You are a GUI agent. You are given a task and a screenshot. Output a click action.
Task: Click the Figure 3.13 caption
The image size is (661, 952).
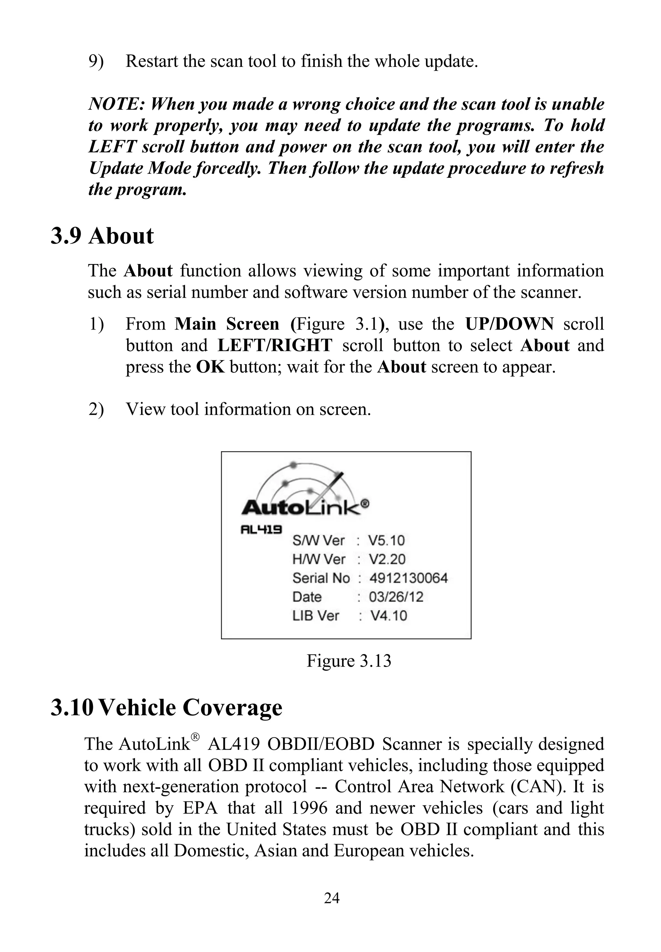349,661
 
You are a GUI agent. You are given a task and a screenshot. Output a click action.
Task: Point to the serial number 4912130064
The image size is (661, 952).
408,578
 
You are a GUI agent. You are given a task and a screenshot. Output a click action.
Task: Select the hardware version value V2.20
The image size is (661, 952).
387,559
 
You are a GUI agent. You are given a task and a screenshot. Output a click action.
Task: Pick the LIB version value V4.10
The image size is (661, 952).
389,616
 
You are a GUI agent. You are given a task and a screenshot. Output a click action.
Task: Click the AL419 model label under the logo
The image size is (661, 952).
261,529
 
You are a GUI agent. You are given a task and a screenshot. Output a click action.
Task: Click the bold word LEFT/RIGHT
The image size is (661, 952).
275,345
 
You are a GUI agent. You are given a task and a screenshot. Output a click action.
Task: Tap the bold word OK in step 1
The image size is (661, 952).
210,367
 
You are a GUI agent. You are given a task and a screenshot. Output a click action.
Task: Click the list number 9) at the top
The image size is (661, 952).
96,61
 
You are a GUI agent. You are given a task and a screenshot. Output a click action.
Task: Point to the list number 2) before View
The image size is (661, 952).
96,409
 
